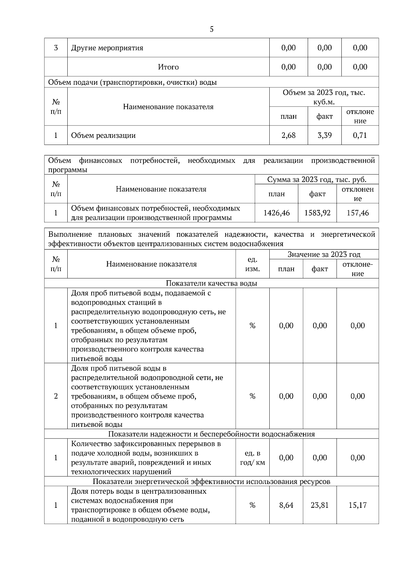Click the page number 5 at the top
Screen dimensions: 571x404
coord(211,29)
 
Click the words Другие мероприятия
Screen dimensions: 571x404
coord(107,48)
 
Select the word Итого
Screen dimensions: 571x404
coord(168,67)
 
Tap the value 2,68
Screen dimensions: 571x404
coord(288,135)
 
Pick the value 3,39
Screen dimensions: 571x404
coord(325,135)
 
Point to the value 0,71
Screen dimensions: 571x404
coord(360,135)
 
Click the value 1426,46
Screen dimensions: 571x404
coord(276,213)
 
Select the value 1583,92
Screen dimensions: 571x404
coord(317,213)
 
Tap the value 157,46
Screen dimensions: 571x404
coord(358,213)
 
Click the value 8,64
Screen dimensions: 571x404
coord(286,505)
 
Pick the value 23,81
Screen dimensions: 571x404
coord(319,505)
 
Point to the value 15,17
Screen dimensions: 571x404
coord(358,505)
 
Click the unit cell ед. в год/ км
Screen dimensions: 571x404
coord(252,458)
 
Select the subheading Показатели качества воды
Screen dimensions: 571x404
coord(211,283)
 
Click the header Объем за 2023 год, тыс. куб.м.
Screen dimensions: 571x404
coord(324,97)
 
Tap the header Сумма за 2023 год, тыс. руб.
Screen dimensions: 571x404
coord(317,179)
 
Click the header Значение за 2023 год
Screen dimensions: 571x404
coord(324,255)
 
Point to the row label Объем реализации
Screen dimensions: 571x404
coord(103,136)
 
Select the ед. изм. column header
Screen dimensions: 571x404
coord(252,264)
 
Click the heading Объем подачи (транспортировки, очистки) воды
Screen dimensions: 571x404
coord(132,82)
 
